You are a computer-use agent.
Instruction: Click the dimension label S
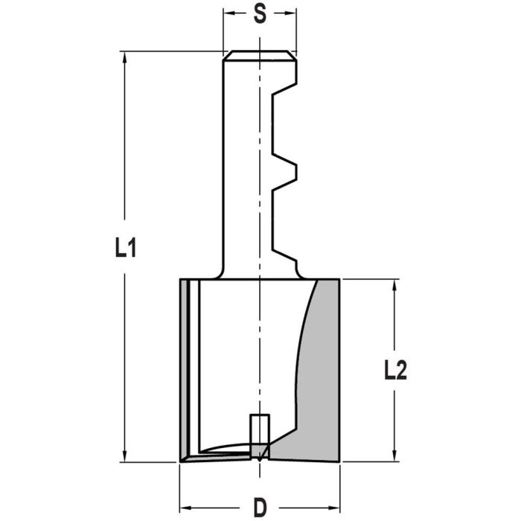coord(260,15)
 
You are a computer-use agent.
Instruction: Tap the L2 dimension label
coord(395,369)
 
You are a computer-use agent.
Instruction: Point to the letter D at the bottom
coord(260,508)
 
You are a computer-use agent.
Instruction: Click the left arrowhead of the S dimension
coord(227,14)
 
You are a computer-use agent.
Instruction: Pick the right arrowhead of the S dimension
coord(293,14)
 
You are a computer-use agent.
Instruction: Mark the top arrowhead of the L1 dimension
coord(124,56)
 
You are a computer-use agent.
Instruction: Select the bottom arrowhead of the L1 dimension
coord(124,457)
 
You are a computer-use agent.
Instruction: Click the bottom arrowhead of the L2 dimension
coord(394,457)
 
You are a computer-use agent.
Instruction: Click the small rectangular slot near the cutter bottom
coord(259,427)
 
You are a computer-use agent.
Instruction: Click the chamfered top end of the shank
coord(260,55)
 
